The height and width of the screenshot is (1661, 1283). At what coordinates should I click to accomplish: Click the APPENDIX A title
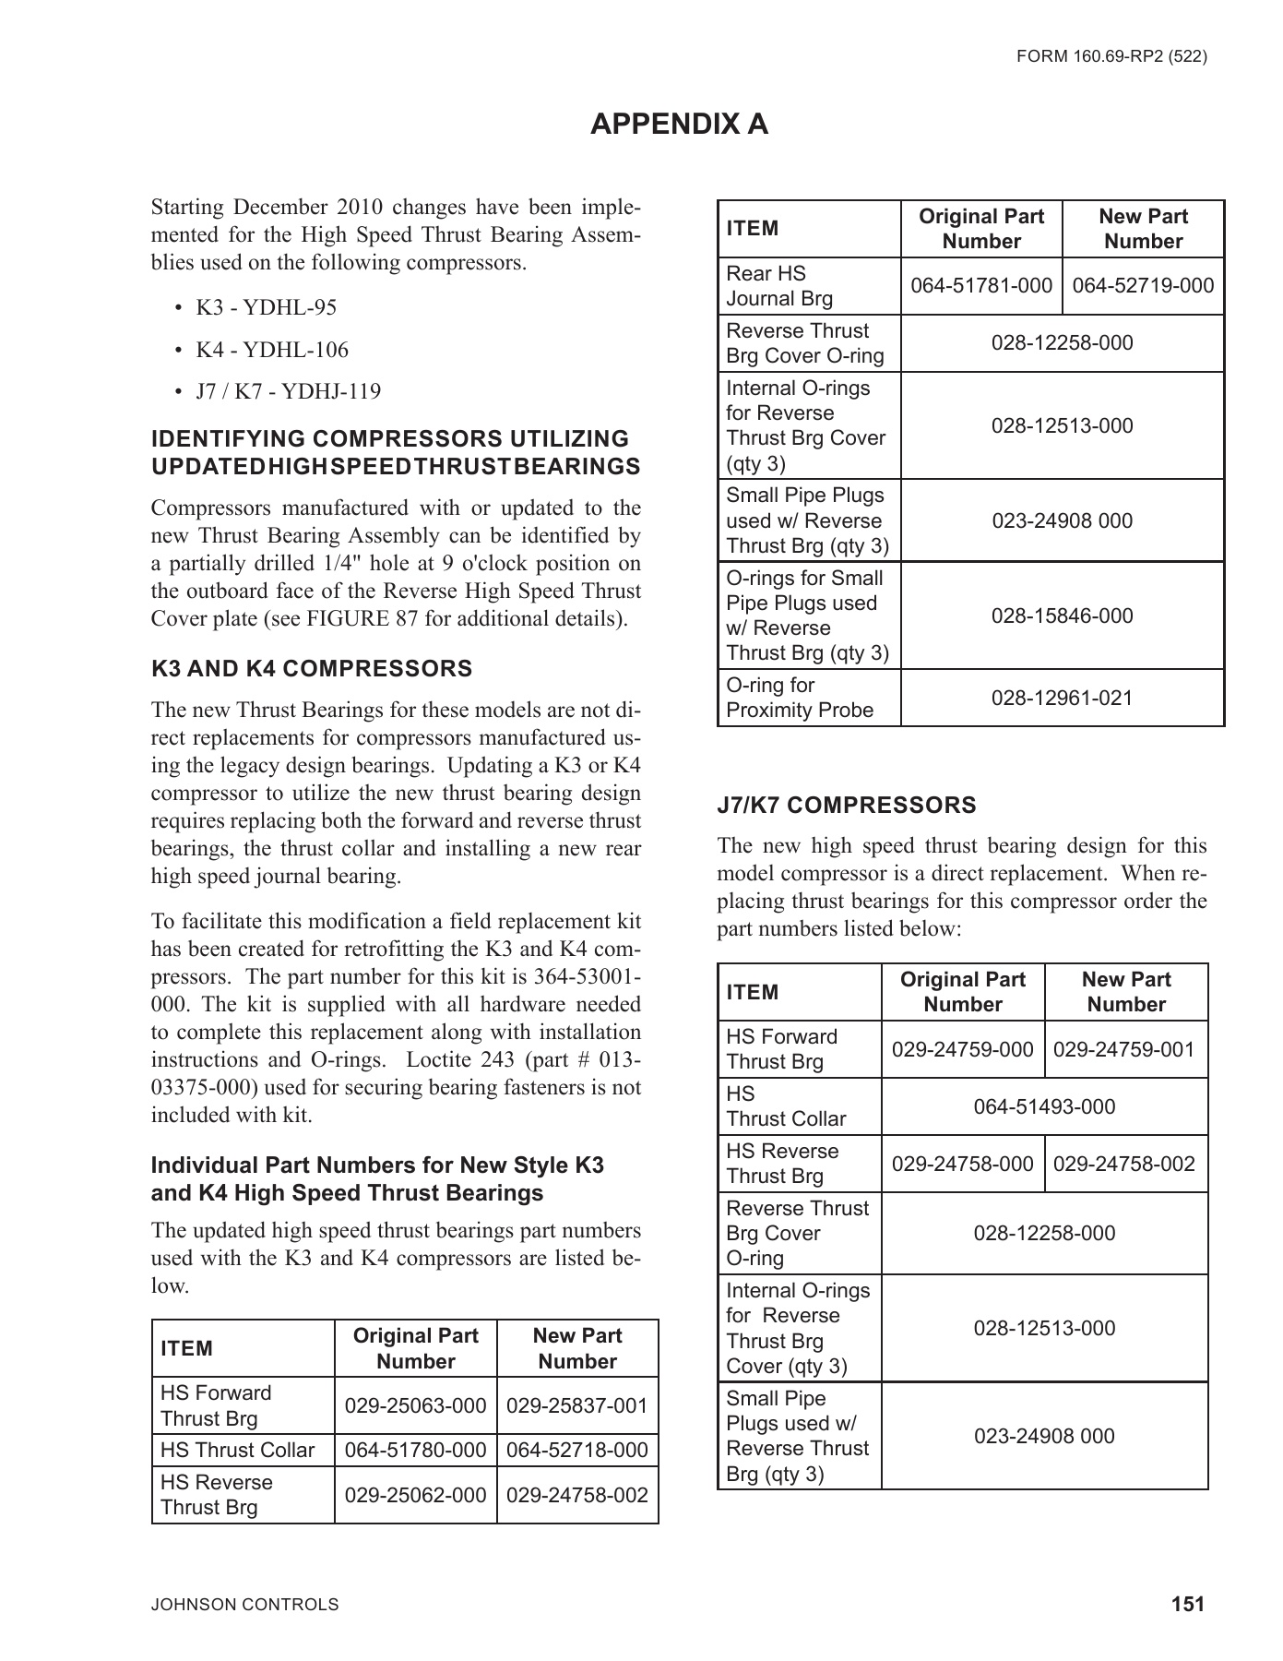coord(679,125)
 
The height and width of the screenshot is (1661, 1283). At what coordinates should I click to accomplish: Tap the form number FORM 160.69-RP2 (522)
coord(1111,56)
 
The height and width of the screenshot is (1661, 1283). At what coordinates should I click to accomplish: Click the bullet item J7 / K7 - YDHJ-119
coord(288,391)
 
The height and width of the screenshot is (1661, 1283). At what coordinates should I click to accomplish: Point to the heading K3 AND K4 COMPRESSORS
coord(312,669)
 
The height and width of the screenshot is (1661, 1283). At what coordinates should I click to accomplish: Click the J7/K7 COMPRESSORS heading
coord(846,806)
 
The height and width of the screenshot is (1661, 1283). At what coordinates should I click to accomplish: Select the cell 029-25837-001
coord(577,1405)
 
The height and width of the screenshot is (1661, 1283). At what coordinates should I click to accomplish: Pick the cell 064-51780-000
coord(415,1450)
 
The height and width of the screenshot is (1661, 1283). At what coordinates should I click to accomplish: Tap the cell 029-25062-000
coord(415,1495)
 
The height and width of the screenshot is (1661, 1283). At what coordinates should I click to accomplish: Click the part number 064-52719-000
coord(1143,286)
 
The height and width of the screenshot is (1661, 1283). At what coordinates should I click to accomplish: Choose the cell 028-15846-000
coord(1062,615)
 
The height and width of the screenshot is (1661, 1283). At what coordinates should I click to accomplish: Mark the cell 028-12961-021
coord(1062,698)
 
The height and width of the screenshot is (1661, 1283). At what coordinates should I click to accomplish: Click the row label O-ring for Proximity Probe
coord(799,698)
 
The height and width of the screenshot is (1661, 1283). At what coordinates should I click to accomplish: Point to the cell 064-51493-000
coord(1044,1106)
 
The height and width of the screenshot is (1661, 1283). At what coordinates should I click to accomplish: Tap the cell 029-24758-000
coord(962,1164)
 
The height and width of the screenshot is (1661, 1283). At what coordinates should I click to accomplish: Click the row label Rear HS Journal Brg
coord(778,286)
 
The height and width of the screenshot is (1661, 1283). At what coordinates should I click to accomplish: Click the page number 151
coord(1188,1605)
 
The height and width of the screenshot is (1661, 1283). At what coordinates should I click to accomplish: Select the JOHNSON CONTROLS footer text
coord(244,1605)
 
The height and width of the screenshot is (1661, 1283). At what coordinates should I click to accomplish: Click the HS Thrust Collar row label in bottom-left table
coord(238,1450)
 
